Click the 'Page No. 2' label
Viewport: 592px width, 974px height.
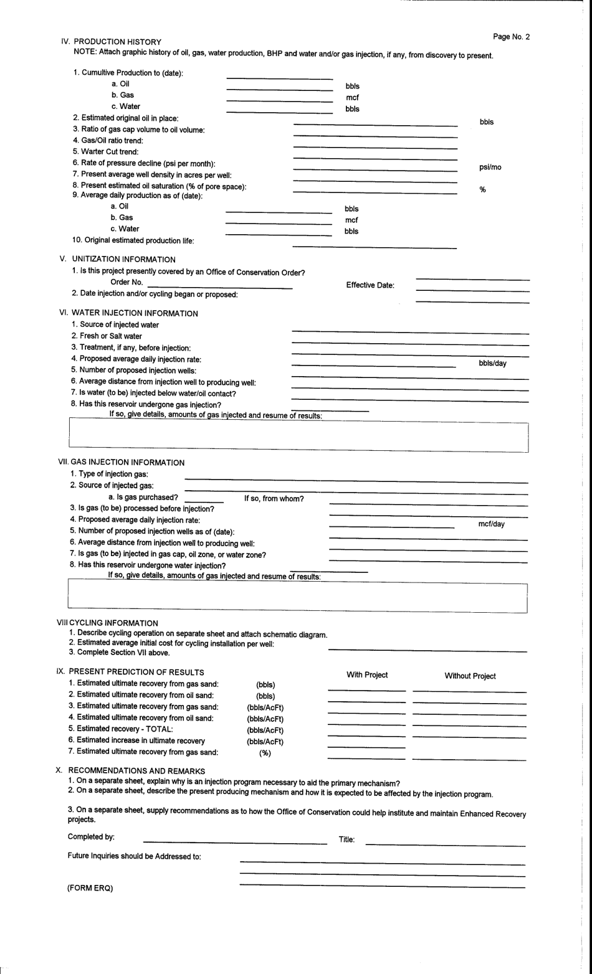[511, 37]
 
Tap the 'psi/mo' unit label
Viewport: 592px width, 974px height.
[490, 167]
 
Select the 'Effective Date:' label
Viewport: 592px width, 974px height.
[370, 285]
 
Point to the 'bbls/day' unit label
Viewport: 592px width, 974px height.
[492, 363]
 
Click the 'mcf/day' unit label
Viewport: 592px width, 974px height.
[491, 524]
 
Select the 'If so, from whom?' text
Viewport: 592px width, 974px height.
[274, 499]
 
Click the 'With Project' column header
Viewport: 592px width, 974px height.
[367, 675]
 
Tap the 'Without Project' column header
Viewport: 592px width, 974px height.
[470, 676]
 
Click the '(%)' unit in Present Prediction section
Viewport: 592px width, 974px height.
[265, 753]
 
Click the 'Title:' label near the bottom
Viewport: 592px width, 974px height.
[346, 839]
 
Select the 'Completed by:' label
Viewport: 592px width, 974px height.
[91, 836]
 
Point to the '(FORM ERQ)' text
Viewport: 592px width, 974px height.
[90, 889]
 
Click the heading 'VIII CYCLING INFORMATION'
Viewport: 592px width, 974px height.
[107, 623]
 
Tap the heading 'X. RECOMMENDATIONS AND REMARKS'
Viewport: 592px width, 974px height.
[130, 771]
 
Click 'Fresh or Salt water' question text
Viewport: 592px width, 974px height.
[107, 336]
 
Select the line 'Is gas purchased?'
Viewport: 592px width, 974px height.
[143, 497]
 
